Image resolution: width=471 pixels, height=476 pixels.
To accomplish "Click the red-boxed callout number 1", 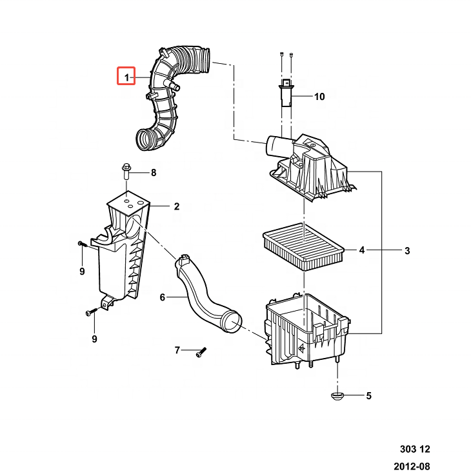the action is pos(127,77).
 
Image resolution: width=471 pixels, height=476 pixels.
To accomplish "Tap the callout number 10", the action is pos(319,97).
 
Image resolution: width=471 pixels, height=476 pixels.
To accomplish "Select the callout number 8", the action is pos(154,173).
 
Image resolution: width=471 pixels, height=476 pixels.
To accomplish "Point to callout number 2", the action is pos(177,206).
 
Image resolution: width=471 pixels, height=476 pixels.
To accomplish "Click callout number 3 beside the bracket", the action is pos(407,251).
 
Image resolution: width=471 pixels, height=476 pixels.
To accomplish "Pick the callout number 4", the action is pos(362,250).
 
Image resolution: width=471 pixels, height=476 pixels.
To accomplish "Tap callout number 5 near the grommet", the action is pos(368,396).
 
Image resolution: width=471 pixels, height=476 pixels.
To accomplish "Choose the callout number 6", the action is pos(163,297).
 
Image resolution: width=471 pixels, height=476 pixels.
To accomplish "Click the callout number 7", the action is pos(177,350).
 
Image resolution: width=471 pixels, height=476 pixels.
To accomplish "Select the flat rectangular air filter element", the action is pos(303,247).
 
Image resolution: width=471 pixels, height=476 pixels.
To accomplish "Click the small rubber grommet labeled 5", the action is pos(337,396).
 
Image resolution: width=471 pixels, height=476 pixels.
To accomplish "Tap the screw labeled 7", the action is pos(201,352).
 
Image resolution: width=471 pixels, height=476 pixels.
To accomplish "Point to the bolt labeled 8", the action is pos(126,171).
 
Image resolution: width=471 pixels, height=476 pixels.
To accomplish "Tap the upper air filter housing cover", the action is pos(310,167).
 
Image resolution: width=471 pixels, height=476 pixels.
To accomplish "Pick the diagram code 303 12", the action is pos(415,449).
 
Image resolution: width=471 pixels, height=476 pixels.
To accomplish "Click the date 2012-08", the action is pos(412,466).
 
